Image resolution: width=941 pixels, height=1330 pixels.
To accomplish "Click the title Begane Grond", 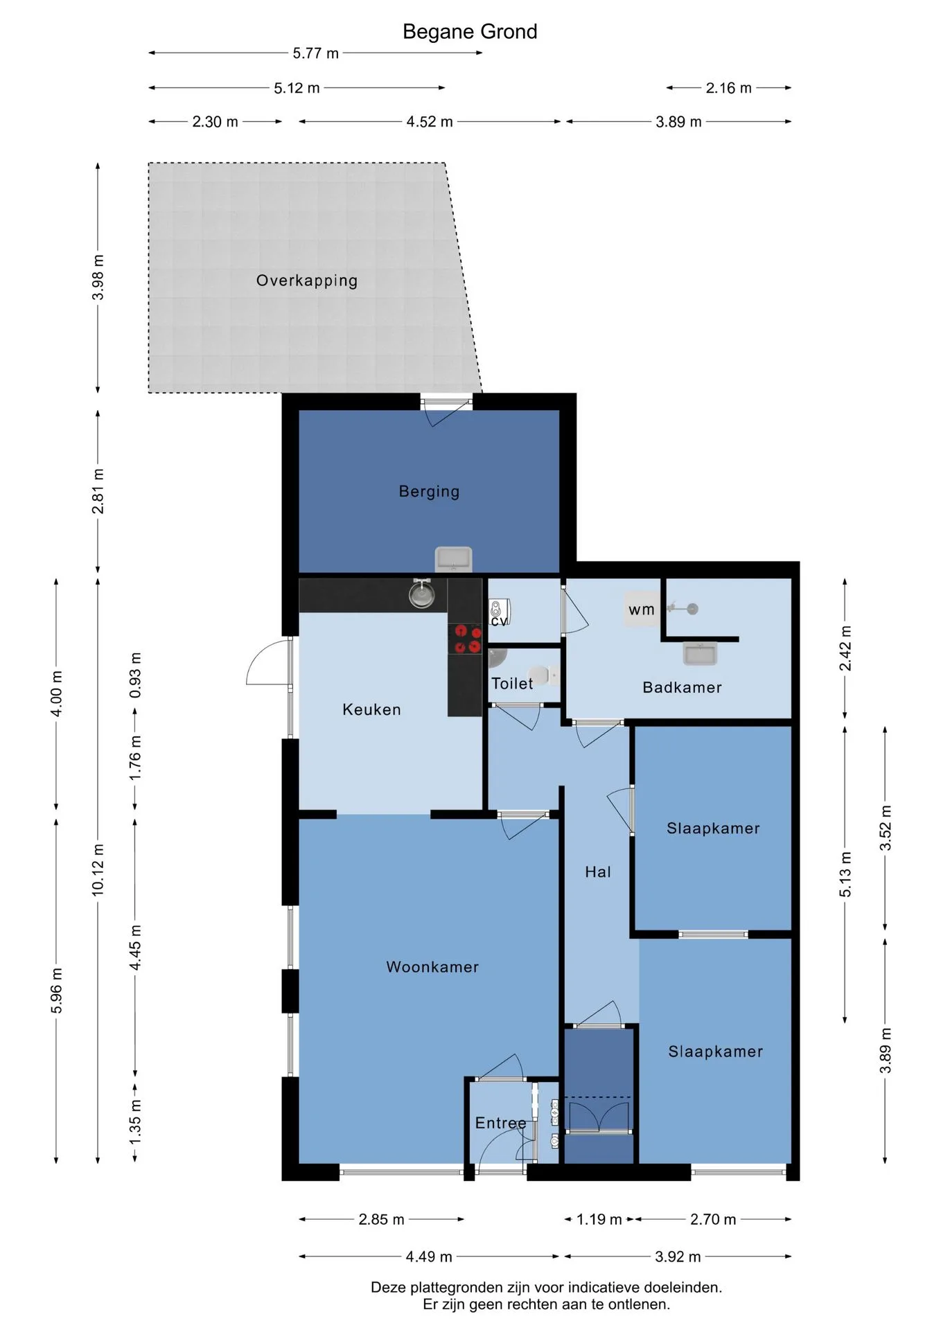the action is (470, 32).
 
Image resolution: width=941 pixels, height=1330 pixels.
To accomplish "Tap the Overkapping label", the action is (307, 281).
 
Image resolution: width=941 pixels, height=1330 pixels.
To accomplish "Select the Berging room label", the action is (429, 491).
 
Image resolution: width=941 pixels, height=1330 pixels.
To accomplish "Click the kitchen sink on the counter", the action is (421, 594).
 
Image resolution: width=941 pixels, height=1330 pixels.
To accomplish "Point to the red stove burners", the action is (466, 639).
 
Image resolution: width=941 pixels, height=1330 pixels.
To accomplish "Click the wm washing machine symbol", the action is (642, 610).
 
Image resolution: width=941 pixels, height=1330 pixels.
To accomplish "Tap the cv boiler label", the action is (499, 621).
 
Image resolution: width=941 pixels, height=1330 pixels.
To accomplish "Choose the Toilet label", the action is (512, 684).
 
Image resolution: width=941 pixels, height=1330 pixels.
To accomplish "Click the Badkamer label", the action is (682, 687).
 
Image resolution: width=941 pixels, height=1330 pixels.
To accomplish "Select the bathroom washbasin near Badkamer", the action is (700, 653).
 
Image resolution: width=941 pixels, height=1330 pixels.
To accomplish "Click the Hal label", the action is (598, 871).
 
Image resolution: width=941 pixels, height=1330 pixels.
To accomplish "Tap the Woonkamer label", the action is (432, 967).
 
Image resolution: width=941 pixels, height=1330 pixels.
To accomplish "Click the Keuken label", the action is (371, 709).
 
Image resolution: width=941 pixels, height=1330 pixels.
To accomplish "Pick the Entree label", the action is (500, 1123).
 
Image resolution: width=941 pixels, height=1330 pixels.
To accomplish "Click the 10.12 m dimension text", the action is (98, 870).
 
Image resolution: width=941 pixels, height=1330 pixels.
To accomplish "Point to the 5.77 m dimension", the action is (315, 53).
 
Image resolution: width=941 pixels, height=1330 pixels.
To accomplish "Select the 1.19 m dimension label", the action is (599, 1219).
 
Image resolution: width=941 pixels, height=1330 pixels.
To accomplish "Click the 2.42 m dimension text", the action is (845, 648).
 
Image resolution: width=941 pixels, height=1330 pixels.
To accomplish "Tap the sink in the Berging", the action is (453, 559).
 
